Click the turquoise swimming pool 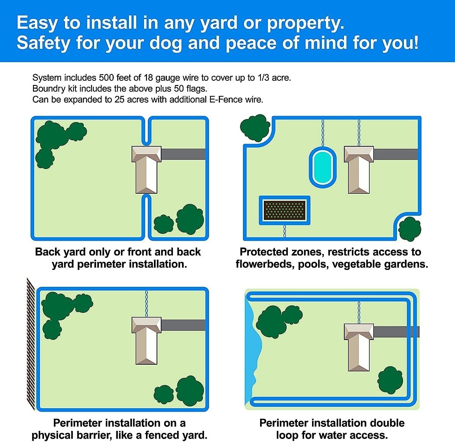click(x=323, y=168)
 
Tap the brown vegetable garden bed click(x=284, y=210)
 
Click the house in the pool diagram click(x=359, y=170)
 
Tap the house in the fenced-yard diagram click(x=146, y=340)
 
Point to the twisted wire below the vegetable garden click(x=284, y=231)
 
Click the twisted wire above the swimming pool click(x=323, y=133)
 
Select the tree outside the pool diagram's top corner click(x=255, y=128)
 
